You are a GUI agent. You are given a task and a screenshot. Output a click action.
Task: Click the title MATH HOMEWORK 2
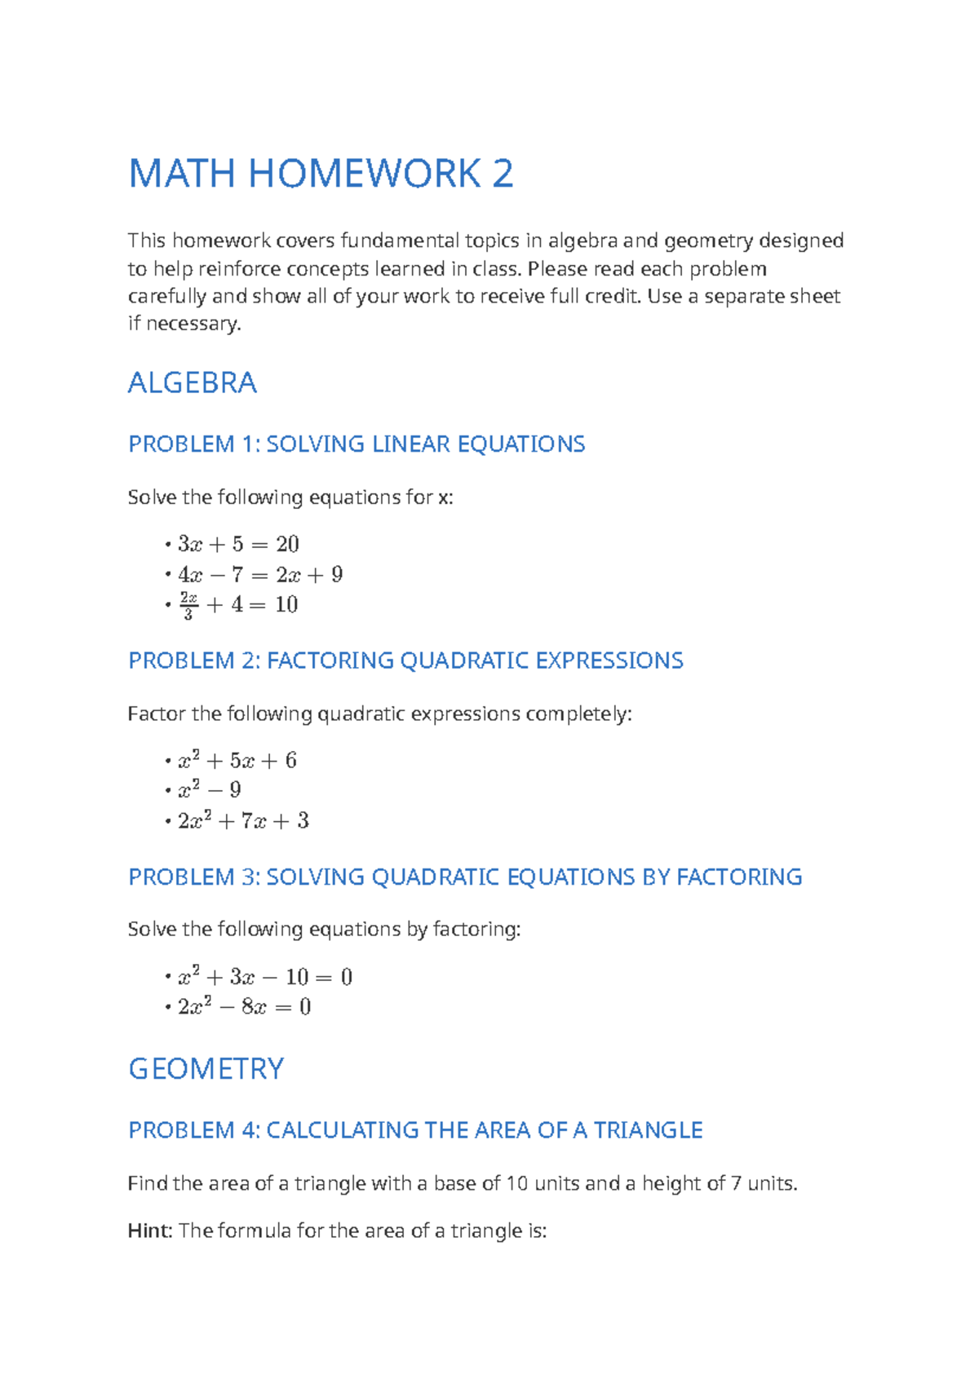321,174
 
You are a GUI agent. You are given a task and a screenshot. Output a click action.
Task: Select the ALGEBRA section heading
193,382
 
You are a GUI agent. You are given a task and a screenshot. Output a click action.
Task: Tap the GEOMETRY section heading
206,1068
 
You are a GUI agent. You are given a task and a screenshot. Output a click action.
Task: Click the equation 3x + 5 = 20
238,544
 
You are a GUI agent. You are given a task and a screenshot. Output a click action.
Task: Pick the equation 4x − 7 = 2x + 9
260,575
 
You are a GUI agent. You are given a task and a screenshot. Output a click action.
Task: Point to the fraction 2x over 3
188,606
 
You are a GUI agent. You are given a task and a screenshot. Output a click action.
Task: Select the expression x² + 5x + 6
237,761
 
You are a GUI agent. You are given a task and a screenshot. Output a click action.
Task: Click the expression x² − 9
210,790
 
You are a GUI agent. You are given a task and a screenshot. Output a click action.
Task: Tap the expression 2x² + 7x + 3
243,820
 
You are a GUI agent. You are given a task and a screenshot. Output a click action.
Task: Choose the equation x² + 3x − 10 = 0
265,977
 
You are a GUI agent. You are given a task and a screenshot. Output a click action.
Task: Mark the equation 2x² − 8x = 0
245,1007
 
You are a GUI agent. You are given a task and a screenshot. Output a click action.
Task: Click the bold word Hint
148,1231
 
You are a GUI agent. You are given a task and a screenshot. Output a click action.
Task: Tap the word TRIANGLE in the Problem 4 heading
648,1130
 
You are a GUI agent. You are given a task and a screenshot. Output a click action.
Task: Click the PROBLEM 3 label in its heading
193,877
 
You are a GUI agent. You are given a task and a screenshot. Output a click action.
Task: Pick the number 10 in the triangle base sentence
517,1183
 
